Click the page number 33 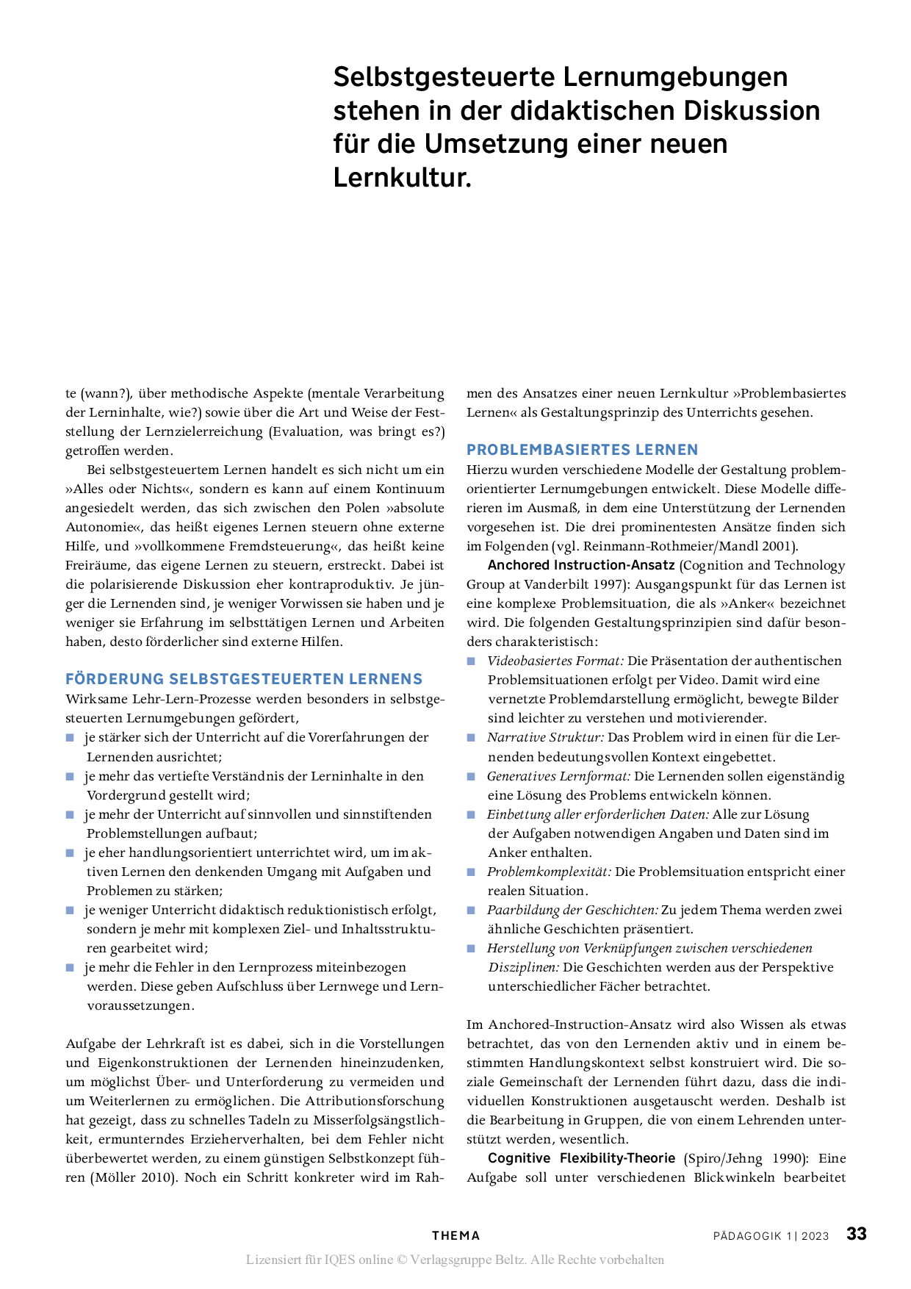tap(856, 1234)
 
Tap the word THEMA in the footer tap(455, 1236)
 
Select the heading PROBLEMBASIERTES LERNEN tap(583, 450)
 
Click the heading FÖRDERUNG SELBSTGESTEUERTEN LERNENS tap(244, 679)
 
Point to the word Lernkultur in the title tap(401, 177)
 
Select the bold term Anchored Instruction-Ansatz tap(581, 565)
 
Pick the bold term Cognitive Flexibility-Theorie tap(581, 1158)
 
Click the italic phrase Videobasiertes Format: tap(555, 661)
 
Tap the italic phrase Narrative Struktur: tap(545, 737)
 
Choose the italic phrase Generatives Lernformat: tap(558, 776)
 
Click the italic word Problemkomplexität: tap(549, 872)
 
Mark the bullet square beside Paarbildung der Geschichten tap(472, 911)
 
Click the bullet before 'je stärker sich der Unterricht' tap(71, 738)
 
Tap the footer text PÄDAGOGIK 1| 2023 tap(771, 1236)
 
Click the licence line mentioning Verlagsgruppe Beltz tap(455, 1260)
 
